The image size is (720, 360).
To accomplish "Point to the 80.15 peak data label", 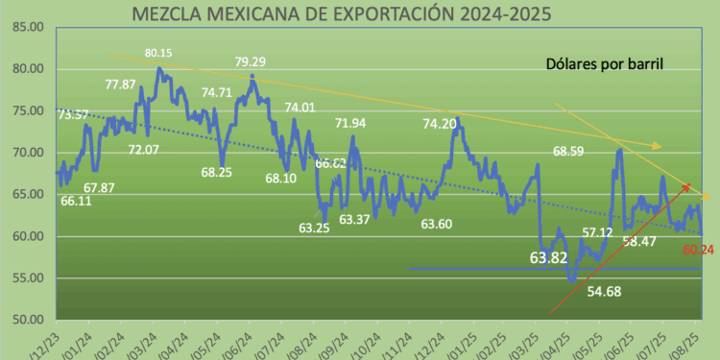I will pos(158,53).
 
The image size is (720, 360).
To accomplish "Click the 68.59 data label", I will pos(572,151).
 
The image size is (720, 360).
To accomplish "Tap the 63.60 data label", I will pos(438,224).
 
